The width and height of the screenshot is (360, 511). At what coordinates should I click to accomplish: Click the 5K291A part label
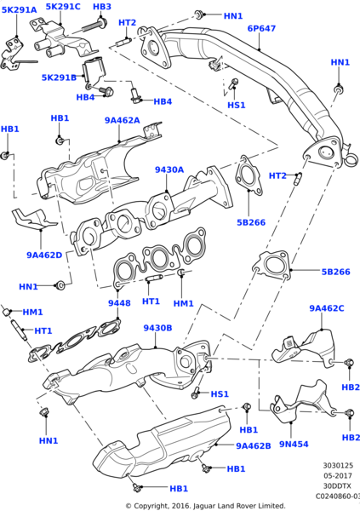18,10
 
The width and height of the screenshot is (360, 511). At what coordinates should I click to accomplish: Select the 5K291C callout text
63,7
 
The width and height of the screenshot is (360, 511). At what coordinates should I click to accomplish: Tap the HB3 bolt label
101,7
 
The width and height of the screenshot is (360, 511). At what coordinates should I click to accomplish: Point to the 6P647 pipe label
261,28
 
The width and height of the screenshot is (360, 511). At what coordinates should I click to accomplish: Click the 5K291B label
59,78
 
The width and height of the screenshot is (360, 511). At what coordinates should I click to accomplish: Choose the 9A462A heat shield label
122,121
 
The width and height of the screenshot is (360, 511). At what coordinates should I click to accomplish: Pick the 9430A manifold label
169,170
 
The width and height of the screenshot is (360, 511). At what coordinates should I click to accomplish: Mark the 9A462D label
44,255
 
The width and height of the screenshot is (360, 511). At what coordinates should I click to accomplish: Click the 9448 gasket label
119,303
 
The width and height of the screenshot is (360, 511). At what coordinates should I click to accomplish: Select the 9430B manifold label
157,328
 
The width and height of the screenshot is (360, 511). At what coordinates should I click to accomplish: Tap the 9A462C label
327,308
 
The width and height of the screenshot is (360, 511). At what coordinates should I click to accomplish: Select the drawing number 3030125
340,466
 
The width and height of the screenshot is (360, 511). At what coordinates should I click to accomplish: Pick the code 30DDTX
340,485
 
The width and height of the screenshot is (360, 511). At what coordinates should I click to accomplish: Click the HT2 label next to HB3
127,22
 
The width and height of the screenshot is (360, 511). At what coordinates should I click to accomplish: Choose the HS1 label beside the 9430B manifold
219,394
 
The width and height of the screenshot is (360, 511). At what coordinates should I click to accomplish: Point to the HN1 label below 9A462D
28,287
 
